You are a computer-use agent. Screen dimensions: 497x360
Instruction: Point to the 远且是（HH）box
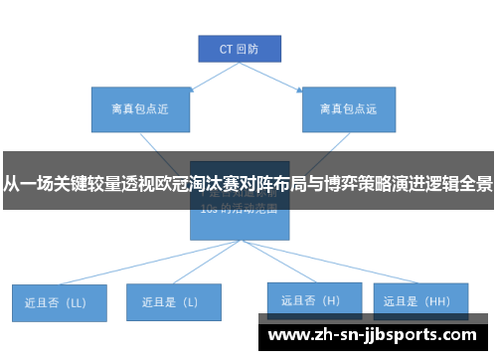[419, 299]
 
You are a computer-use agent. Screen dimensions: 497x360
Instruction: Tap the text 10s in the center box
[208, 210]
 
